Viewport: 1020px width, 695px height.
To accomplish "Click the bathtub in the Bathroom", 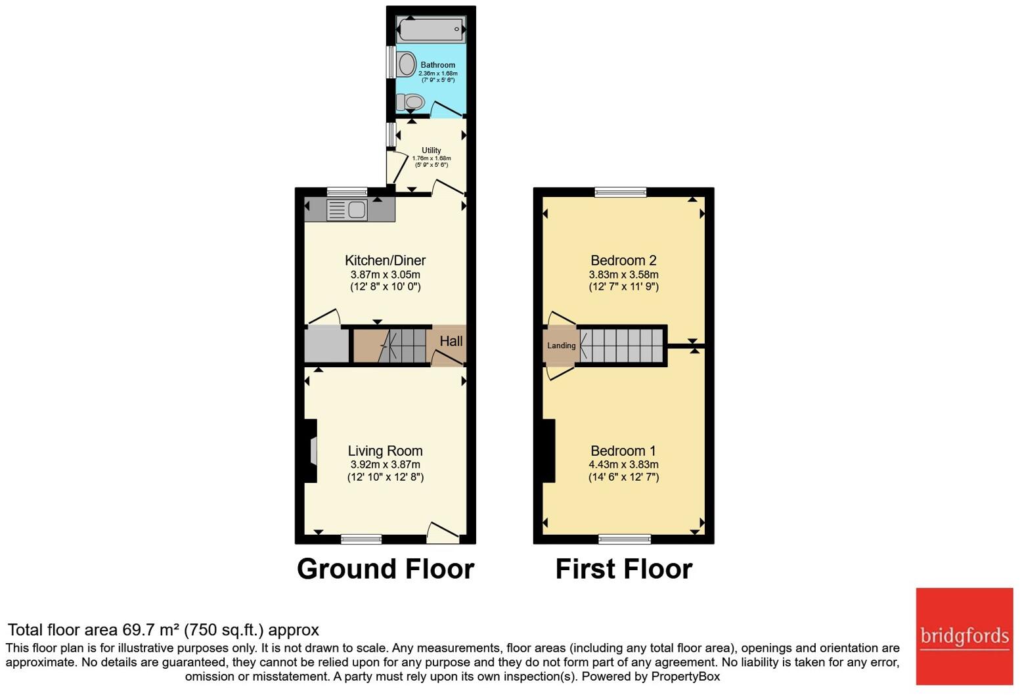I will [x=431, y=30].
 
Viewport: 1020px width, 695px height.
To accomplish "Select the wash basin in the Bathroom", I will [x=407, y=64].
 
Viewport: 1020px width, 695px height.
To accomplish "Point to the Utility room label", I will [x=432, y=150].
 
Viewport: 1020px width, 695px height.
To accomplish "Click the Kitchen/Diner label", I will [x=386, y=260].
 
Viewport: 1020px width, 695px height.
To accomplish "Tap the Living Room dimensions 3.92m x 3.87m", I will [x=386, y=464].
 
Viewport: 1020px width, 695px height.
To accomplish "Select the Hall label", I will [x=451, y=341].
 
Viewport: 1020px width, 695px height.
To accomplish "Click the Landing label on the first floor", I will [x=561, y=346].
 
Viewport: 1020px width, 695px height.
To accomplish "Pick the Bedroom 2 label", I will [x=623, y=260].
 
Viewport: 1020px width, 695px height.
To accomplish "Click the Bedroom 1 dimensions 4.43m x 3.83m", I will [x=623, y=464].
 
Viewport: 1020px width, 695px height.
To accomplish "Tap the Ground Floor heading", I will [x=386, y=569].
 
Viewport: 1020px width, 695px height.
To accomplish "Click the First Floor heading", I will [x=623, y=569].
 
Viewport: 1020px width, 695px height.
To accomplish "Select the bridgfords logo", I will [x=964, y=636].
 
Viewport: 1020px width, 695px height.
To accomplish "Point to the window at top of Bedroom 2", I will [x=621, y=192].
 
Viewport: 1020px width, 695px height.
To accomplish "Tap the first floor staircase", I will [x=621, y=346].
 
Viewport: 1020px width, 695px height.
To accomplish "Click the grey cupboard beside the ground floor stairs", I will [x=326, y=346].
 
